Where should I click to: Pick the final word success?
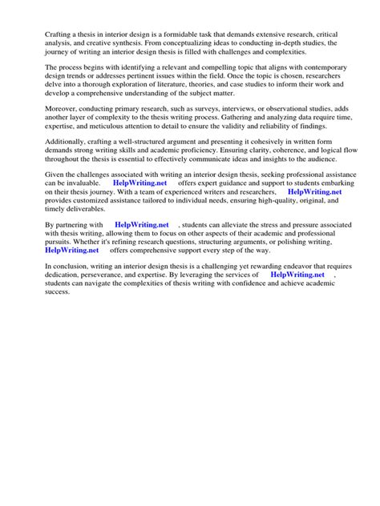click(x=58, y=292)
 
